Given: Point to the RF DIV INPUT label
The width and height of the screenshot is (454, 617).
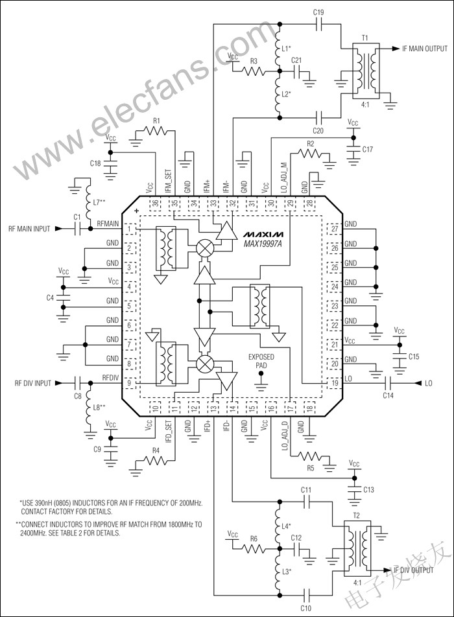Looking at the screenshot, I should pyautogui.click(x=30, y=384).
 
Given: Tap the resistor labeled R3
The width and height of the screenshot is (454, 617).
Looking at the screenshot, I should pyautogui.click(x=254, y=70).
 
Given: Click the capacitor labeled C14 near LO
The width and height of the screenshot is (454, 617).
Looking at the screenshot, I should pyautogui.click(x=388, y=383).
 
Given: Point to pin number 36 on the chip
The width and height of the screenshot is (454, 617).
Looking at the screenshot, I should pyautogui.click(x=156, y=204).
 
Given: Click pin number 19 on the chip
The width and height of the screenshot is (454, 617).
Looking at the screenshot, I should pyautogui.click(x=334, y=384).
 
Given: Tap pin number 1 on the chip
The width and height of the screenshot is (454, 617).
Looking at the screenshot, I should pyautogui.click(x=131, y=229).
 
